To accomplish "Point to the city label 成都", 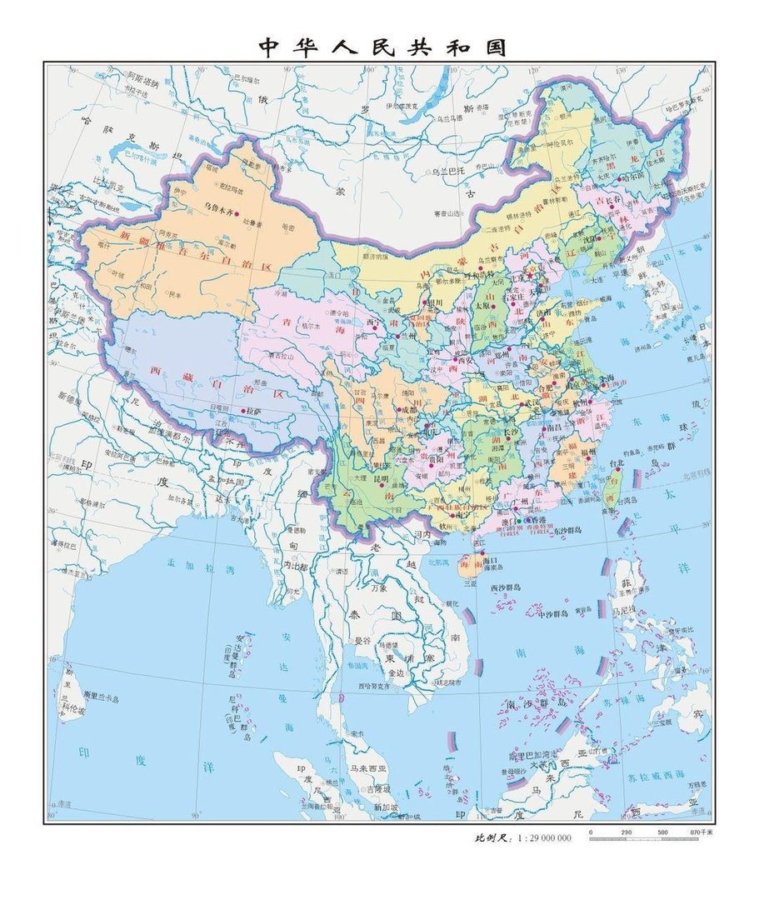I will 407,409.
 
